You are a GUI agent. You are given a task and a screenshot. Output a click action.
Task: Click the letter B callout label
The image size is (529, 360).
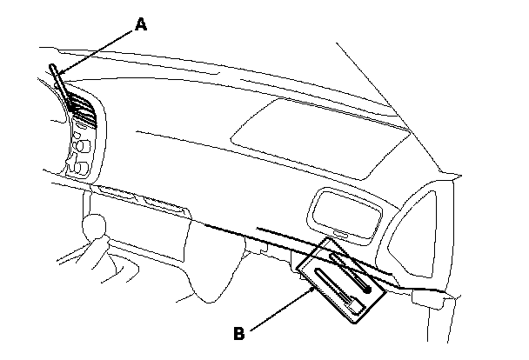click(238, 331)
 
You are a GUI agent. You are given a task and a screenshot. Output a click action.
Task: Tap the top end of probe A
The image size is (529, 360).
click(54, 69)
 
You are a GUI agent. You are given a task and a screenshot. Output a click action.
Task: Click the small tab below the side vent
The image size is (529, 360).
click(345, 234)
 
